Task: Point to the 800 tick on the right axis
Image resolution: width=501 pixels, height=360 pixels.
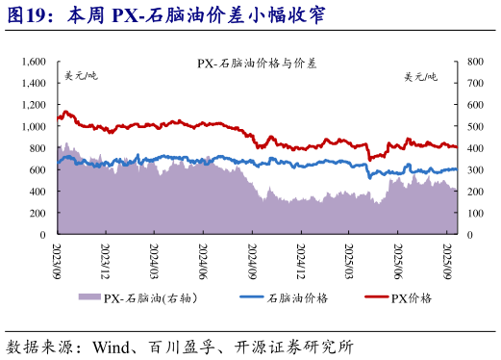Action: (474, 61)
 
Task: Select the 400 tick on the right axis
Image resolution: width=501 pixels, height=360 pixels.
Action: (474, 147)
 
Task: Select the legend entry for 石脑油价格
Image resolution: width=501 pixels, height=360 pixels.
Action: (288, 298)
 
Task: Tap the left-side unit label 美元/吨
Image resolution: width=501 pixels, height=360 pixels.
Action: (81, 76)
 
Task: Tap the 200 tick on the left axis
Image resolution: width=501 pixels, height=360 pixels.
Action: (38, 213)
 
